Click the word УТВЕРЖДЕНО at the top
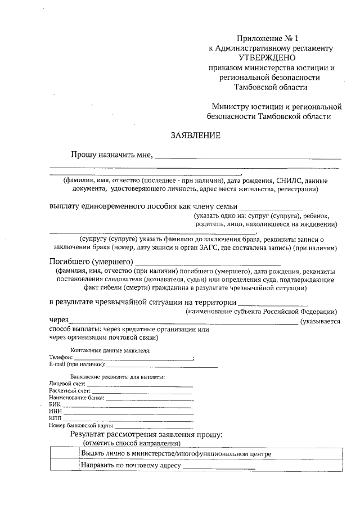(267, 57)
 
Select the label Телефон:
(61, 357)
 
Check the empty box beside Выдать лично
(64, 453)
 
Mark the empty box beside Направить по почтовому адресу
(64, 466)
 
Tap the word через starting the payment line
(60, 321)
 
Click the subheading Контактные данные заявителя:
(110, 350)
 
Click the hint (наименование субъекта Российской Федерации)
(262, 311)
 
